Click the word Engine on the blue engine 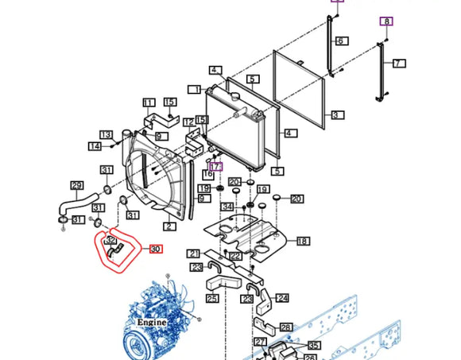(x=151, y=323)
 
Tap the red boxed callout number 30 (x=156, y=250)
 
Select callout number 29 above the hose (x=77, y=185)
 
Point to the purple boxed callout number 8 (x=386, y=21)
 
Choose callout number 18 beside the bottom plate (x=303, y=241)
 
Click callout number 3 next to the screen (x=337, y=115)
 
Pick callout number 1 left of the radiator (x=195, y=90)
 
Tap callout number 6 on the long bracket (x=339, y=41)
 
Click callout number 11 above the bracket (x=149, y=103)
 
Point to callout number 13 (x=106, y=134)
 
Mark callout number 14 (x=95, y=146)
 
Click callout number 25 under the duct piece (x=211, y=299)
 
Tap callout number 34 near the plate (x=227, y=207)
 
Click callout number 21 (x=194, y=254)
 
